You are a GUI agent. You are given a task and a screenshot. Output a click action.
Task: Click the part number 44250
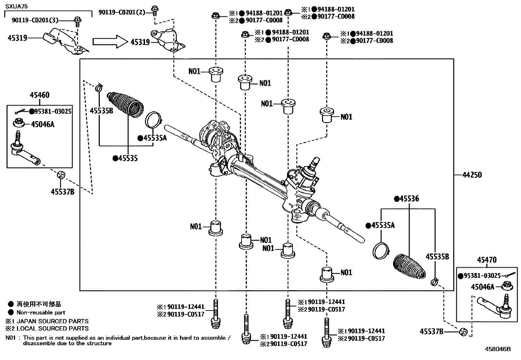click(x=472, y=175)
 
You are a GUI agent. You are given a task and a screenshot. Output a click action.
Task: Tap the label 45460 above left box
click(x=40, y=95)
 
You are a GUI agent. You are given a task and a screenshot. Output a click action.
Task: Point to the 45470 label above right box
click(x=487, y=260)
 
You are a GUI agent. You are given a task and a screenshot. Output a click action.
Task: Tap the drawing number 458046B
click(x=498, y=349)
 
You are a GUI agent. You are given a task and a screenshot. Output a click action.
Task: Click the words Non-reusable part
click(x=41, y=313)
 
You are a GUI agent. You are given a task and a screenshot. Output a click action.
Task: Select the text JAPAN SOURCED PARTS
click(x=52, y=321)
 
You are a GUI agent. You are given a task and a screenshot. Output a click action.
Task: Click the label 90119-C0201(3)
click(x=35, y=20)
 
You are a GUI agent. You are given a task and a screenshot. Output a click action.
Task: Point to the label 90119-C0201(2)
click(x=122, y=13)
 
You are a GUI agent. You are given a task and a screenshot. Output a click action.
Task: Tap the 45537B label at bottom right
click(x=431, y=332)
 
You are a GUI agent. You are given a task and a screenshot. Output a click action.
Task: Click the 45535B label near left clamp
click(x=101, y=111)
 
